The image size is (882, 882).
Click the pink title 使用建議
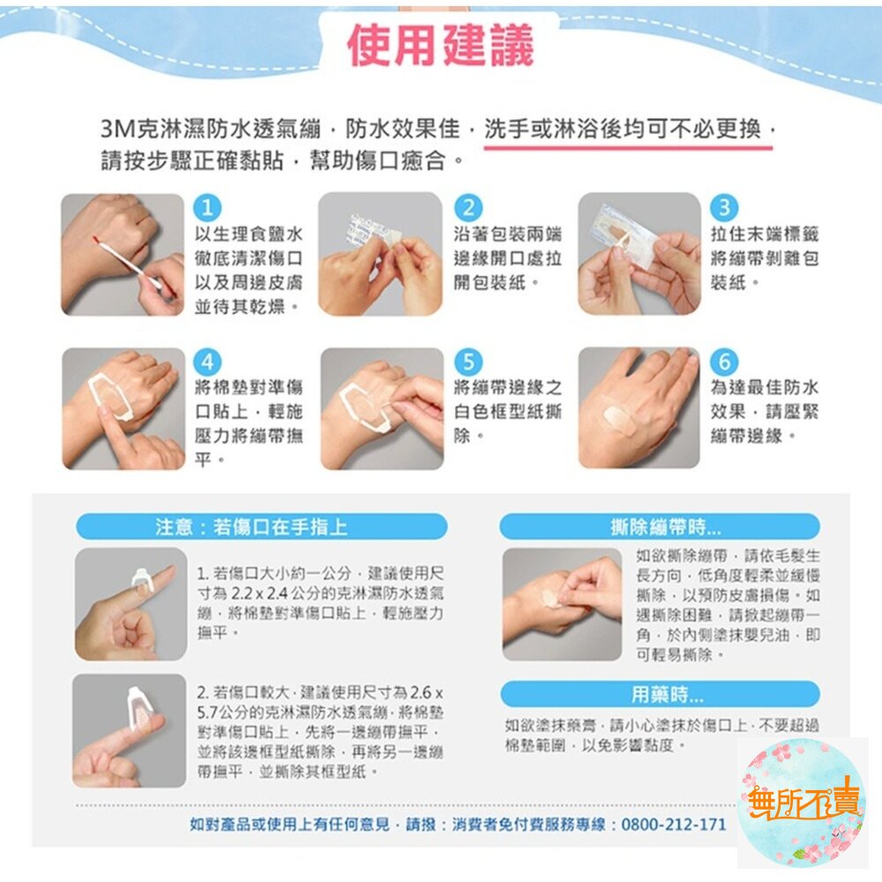(440, 46)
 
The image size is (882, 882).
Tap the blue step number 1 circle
(207, 207)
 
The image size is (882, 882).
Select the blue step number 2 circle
(468, 207)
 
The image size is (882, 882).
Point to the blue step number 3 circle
(724, 207)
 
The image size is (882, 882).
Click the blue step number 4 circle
(207, 361)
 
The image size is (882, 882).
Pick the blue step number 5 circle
(468, 361)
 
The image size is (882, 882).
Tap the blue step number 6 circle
(724, 361)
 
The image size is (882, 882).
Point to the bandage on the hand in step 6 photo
(619, 417)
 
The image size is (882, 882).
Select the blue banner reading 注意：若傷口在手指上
(262, 527)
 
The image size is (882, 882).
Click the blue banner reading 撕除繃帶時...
(660, 527)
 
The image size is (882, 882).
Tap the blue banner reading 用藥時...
(661, 695)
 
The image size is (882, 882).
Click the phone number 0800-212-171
(674, 825)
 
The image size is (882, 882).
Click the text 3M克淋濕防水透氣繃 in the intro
(211, 130)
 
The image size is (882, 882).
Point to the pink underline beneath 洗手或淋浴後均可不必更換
(628, 147)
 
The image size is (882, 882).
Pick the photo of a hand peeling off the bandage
(562, 604)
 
